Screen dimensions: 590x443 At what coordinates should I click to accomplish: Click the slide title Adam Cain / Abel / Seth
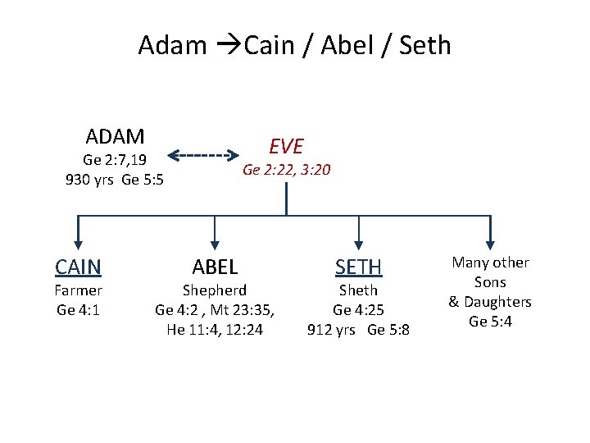click(x=294, y=44)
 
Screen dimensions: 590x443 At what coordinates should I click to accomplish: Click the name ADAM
click(x=115, y=135)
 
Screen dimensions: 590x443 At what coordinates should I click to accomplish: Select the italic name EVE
click(x=286, y=146)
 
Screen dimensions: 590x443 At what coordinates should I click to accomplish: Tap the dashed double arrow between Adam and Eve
click(x=209, y=154)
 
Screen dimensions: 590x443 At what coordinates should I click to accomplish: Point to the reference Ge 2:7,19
click(x=115, y=159)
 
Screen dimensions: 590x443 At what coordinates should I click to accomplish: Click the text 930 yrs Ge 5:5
click(x=115, y=180)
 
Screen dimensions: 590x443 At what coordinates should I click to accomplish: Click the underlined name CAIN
click(x=78, y=267)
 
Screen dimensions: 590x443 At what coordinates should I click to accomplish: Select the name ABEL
click(x=215, y=267)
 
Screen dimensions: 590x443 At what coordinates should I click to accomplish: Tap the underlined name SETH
click(x=358, y=267)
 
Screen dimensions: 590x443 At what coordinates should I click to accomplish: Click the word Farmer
click(x=78, y=290)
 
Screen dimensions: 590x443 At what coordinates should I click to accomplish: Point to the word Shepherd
click(x=215, y=290)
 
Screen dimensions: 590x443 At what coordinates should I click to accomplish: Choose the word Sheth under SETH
click(x=358, y=290)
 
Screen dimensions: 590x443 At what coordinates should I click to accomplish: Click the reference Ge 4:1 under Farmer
click(x=78, y=310)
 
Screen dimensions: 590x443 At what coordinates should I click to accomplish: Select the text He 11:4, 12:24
click(x=215, y=330)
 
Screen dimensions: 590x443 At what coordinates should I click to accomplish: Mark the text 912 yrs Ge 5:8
click(x=358, y=330)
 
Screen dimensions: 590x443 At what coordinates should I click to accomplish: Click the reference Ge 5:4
click(x=490, y=322)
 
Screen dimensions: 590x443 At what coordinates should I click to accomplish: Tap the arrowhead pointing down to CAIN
click(x=78, y=241)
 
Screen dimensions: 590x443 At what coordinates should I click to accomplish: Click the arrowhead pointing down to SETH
click(x=358, y=241)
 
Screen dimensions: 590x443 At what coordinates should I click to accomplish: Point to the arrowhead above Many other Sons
click(x=490, y=241)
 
